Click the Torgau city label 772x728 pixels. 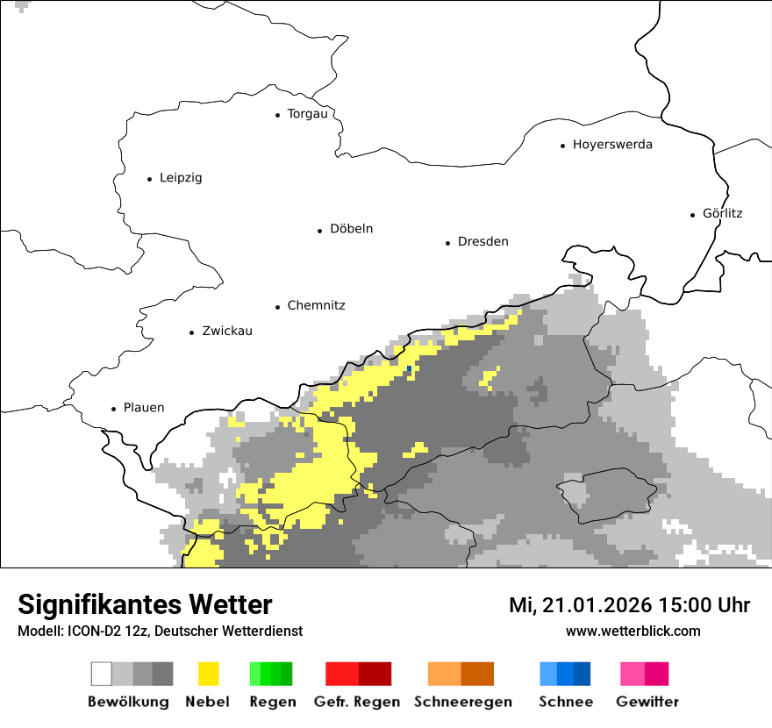[307, 114]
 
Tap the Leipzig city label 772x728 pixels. [181, 178]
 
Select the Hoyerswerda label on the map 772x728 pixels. [612, 145]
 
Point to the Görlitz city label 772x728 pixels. [722, 213]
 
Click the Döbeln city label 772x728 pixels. [351, 229]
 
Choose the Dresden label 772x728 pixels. [482, 242]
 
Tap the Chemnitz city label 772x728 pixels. [316, 306]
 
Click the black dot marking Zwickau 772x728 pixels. [191, 332]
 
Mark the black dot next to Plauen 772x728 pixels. [113, 409]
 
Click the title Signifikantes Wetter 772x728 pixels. [145, 605]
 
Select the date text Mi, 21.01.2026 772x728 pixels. [578, 605]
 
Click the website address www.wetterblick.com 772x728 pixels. [633, 632]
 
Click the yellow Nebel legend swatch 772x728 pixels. [208, 674]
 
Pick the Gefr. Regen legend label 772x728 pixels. [357, 702]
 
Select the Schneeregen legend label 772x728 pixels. [463, 702]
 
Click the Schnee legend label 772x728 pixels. [566, 702]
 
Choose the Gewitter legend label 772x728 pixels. [647, 702]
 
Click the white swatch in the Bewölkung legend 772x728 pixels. [102, 674]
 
